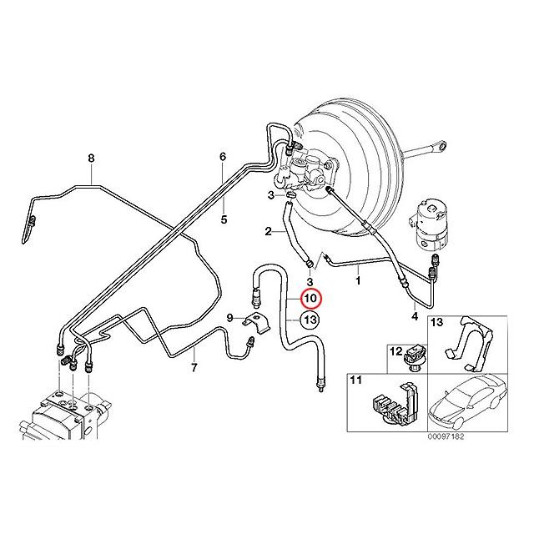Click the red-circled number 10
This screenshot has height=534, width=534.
[310, 299]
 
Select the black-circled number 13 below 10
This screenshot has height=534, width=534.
[310, 320]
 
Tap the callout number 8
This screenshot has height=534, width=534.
[91, 158]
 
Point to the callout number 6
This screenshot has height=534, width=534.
[223, 157]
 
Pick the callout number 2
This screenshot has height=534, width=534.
[269, 231]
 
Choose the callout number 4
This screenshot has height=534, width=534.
[415, 315]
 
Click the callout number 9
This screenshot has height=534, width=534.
[229, 316]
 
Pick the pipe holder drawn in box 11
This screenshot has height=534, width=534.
[392, 402]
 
